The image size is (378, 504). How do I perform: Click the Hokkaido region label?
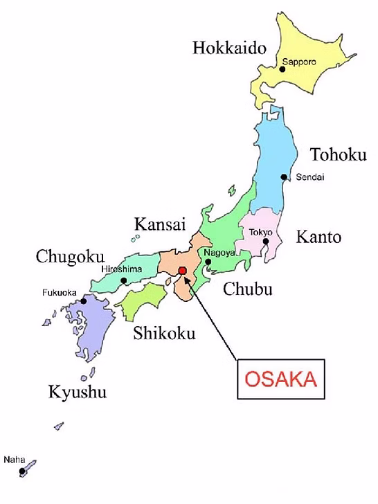click(229, 48)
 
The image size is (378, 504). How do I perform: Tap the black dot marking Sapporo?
click(282, 68)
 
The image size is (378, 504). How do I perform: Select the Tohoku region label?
click(337, 154)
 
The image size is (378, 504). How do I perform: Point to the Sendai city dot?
click(284, 177)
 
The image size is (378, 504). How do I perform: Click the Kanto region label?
click(318, 237)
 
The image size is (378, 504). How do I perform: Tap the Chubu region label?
click(247, 289)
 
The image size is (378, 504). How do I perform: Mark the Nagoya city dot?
click(208, 262)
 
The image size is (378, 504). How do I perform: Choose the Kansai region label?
click(160, 225)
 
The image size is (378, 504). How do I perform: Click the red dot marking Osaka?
click(182, 271)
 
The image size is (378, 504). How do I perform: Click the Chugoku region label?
click(66, 258)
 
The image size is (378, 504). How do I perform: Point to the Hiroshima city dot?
click(123, 280)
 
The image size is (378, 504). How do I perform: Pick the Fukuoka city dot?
click(83, 301)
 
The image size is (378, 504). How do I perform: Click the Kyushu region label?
click(78, 393)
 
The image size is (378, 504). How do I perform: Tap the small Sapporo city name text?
click(299, 62)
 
